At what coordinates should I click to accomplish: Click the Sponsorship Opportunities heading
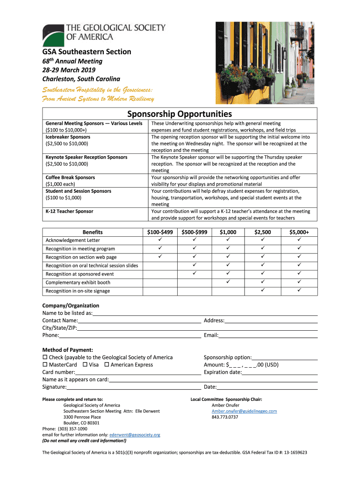click(x=180, y=114)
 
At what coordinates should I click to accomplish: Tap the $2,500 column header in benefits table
click(x=262, y=232)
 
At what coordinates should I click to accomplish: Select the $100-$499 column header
click(x=160, y=232)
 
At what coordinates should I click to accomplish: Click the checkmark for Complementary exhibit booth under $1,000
click(x=228, y=282)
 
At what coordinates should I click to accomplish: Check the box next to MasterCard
click(x=45, y=365)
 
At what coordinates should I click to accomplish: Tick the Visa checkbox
click(x=85, y=365)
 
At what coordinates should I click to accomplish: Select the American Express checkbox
click(x=107, y=365)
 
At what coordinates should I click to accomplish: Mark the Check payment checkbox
click(x=45, y=357)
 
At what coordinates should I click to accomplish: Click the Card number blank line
click(x=135, y=373)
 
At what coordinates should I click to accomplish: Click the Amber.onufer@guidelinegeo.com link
click(x=245, y=411)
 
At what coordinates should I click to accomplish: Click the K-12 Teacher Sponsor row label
click(x=69, y=211)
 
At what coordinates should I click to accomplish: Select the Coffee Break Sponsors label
click(x=70, y=178)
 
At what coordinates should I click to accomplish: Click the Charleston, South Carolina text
click(x=81, y=79)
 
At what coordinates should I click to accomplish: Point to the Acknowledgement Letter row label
click(x=72, y=240)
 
